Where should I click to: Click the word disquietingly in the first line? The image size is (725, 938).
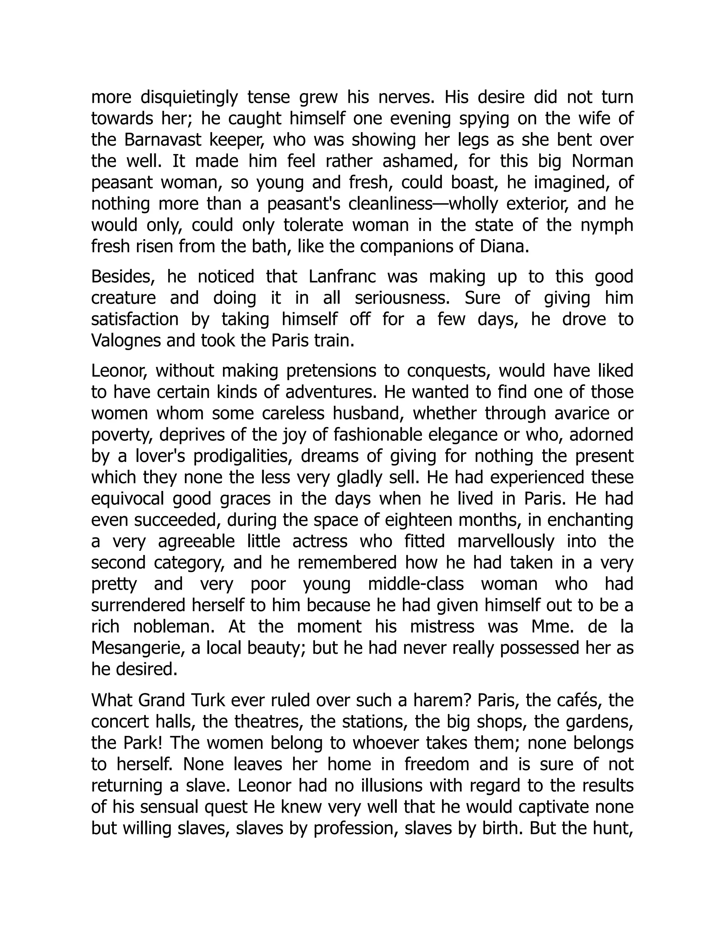coord(189,97)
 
